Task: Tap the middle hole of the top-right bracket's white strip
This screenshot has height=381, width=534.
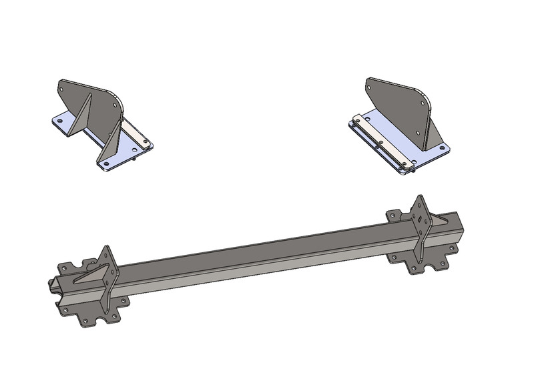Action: coord(380,141)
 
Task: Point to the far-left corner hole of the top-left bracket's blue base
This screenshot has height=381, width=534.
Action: coord(59,121)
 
